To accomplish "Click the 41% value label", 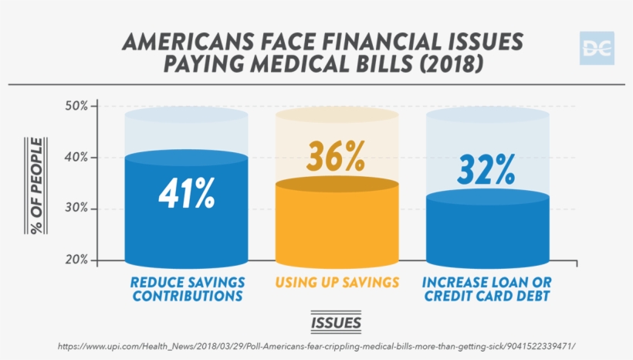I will pos(186,195).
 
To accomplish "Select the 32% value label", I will pos(486,170).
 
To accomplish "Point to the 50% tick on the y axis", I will pos(82,105).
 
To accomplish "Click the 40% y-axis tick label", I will pos(82,157).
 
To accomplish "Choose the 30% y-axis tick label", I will pos(82,209).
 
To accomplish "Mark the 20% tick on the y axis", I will pos(82,260).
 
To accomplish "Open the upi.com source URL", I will pos(316,346).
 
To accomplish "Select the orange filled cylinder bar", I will pos(337,224).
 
